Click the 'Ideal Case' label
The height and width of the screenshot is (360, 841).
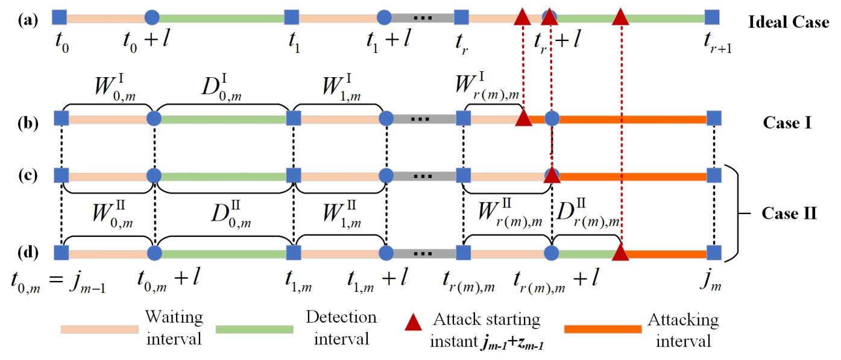788,23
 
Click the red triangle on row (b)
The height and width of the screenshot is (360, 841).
523,118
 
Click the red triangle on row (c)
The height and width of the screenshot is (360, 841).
551,175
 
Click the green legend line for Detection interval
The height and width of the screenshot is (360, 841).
253,329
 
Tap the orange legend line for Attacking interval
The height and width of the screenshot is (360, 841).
602,329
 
